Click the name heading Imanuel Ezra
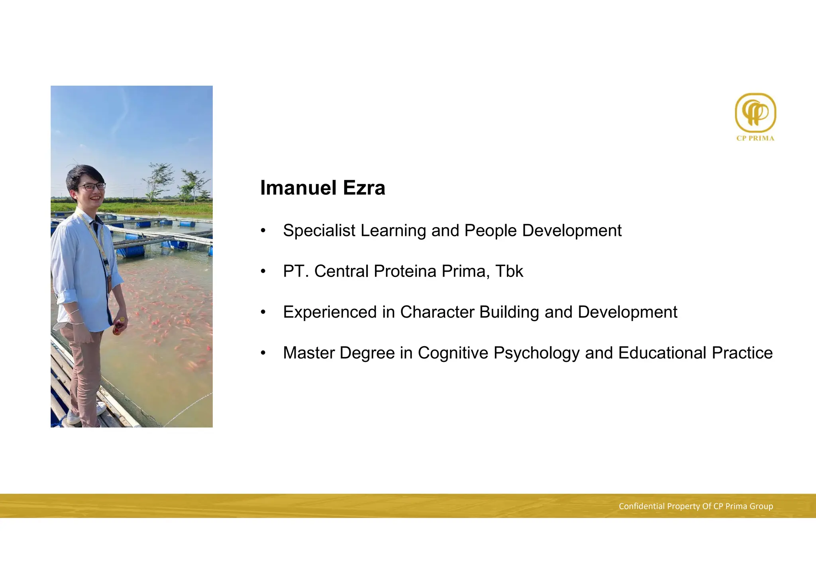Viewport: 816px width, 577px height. pos(322,188)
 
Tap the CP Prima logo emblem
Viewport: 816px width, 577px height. pos(755,113)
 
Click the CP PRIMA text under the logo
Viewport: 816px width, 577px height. pos(755,138)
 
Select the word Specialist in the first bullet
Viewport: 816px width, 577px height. pos(319,231)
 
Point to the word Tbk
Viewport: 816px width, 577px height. pos(509,271)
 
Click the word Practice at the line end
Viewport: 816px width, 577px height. pos(742,353)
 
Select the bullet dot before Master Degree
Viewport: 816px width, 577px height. pos(263,353)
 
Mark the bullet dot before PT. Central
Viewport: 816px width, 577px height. pos(263,272)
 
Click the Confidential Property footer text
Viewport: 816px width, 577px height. pos(695,506)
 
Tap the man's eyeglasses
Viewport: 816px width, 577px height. pos(92,186)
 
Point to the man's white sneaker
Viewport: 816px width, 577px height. pos(74,417)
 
